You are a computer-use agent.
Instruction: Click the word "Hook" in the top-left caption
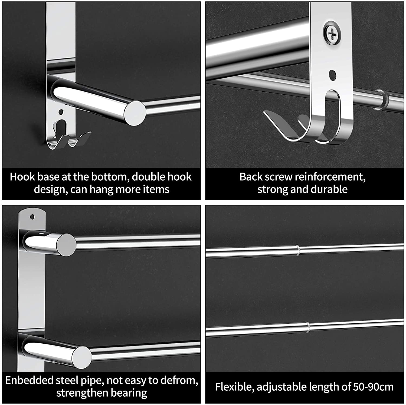(22, 177)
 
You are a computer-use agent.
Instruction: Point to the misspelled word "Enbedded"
(29, 380)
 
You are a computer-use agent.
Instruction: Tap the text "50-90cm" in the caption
(373, 387)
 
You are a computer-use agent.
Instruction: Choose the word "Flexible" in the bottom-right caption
(234, 387)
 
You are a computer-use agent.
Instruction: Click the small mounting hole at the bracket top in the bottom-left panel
(33, 217)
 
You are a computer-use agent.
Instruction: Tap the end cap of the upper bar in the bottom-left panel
(66, 245)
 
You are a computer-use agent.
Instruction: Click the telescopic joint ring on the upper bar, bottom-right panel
(297, 250)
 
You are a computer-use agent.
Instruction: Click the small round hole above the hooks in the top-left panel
(61, 111)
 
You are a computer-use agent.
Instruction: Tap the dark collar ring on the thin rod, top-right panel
(382, 98)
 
